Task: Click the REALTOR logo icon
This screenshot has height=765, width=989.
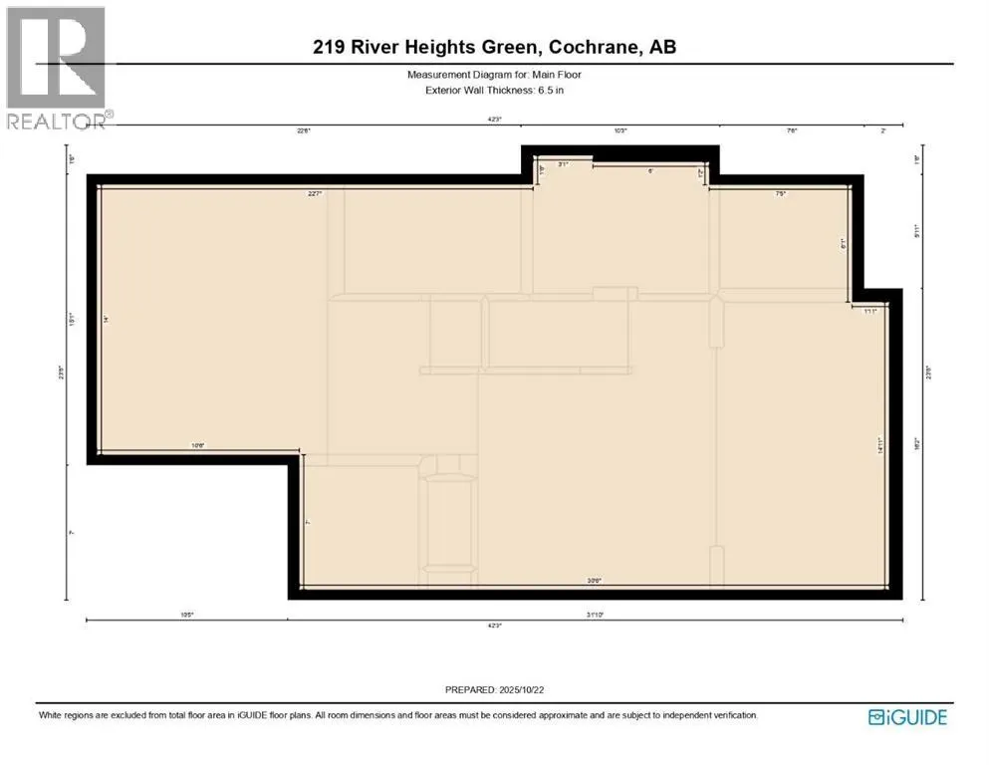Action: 55,60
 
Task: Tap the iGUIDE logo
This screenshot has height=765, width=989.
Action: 906,716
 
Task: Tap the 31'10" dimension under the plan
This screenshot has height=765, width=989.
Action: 596,616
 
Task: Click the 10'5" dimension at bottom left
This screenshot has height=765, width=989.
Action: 187,616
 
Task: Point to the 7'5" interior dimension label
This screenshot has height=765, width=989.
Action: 781,194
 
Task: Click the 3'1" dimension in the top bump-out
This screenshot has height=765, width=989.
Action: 563,164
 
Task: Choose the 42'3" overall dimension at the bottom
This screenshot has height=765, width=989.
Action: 495,626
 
